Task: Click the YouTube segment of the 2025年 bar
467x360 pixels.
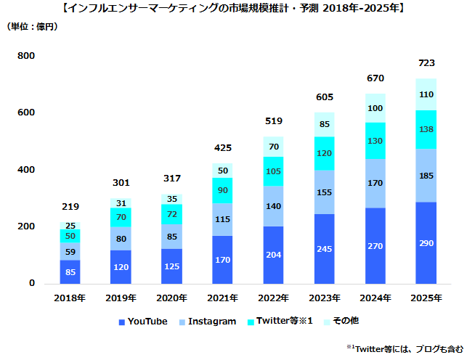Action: coord(426,243)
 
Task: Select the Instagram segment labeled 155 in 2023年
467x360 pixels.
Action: coord(325,192)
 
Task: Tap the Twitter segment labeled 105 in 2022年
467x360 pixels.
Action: coord(274,171)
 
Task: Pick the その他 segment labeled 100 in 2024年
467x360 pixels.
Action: coord(375,108)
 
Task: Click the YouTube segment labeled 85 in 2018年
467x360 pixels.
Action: coord(70,272)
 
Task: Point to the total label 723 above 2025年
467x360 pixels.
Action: coord(426,63)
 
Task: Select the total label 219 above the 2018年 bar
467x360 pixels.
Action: coord(70,208)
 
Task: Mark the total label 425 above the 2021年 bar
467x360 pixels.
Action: coord(223,148)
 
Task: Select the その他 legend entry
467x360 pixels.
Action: coord(341,321)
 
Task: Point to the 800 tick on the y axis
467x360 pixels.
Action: coord(26,56)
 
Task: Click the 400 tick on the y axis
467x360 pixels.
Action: coord(26,170)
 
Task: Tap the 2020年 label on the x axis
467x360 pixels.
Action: coord(172,298)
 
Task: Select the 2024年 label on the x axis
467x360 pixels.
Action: coord(375,298)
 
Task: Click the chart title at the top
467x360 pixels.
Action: coord(233,9)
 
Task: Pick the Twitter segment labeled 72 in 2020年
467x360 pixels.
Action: coord(172,215)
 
